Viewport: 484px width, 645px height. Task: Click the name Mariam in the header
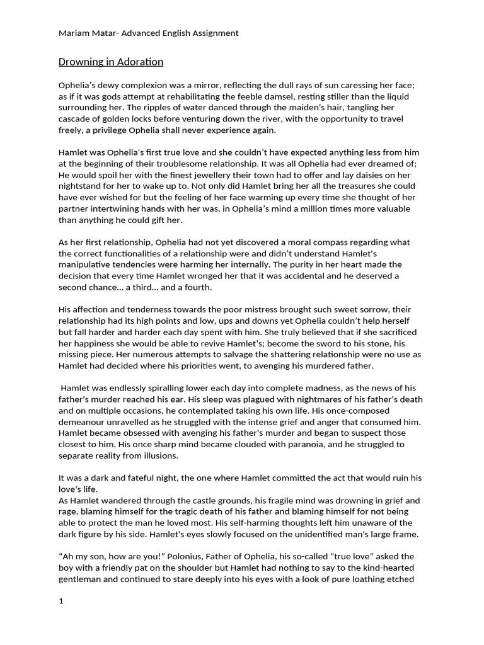74,33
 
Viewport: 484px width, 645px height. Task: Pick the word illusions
159,455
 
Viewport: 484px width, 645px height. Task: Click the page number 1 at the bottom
61,601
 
